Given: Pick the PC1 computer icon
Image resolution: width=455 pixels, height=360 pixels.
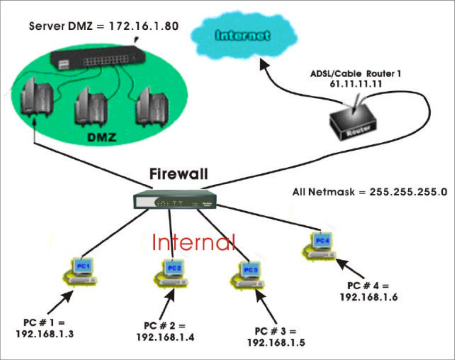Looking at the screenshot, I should click(82, 270).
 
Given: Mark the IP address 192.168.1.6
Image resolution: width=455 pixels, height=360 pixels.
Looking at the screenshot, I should click(366, 296).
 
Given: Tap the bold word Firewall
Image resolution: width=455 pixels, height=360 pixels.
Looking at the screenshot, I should click(178, 173).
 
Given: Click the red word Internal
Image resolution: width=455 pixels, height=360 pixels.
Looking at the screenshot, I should click(193, 242).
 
